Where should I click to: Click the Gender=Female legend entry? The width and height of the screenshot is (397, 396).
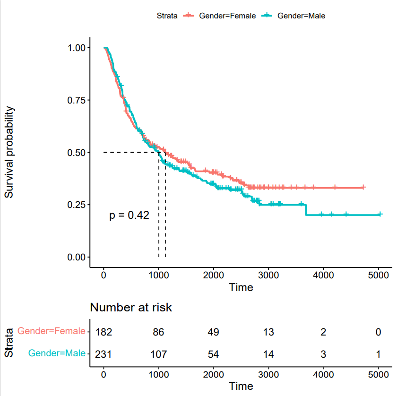tap(227, 16)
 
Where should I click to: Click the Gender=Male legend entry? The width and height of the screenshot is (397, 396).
tap(301, 16)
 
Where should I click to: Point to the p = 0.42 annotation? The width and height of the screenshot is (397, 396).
tap(129, 215)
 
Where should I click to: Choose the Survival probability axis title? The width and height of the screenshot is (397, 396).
tap(9, 152)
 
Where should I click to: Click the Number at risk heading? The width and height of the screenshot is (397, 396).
tap(131, 308)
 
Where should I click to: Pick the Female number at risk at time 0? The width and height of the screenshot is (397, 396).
tap(104, 332)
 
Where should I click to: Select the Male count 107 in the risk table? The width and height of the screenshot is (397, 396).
tap(159, 353)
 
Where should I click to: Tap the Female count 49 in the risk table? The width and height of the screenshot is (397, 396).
tap(214, 332)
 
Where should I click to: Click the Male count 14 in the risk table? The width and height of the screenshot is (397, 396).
tap(268, 353)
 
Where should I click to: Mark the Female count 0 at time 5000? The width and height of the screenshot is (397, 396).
tap(378, 332)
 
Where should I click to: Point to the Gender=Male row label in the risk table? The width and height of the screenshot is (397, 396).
tap(57, 353)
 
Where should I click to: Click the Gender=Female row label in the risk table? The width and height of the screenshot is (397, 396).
tap(52, 331)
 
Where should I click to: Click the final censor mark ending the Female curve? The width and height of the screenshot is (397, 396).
tap(363, 188)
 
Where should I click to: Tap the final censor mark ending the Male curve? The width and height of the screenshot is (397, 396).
tap(380, 215)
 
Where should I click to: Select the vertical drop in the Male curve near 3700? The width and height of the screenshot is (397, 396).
tap(306, 210)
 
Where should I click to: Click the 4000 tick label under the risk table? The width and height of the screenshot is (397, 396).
tap(323, 375)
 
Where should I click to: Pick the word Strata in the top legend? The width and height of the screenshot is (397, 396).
tap(167, 16)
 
